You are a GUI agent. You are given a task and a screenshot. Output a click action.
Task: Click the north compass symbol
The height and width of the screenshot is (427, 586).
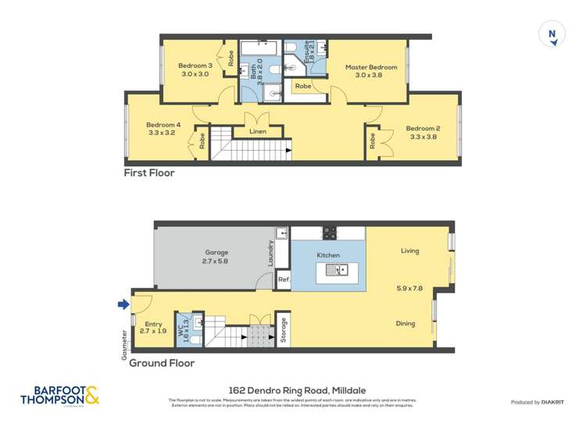(x=553, y=34)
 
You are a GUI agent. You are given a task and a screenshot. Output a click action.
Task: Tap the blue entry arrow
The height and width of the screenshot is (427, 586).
(x=122, y=305)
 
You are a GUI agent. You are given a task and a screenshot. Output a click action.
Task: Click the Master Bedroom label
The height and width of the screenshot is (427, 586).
(x=371, y=67)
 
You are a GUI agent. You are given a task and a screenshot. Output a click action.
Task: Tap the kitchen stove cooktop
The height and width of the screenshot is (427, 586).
(x=330, y=233)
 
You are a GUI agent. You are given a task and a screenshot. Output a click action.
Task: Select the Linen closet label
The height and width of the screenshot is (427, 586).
(x=258, y=131)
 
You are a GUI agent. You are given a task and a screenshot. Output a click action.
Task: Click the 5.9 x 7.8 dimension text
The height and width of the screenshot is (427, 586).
(x=411, y=289)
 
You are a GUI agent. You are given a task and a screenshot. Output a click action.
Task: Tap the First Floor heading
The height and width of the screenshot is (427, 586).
(x=149, y=173)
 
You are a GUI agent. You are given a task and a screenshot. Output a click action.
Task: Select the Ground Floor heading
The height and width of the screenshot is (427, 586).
(x=162, y=363)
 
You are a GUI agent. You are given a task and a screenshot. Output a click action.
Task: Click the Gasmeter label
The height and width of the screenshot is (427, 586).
(x=124, y=340)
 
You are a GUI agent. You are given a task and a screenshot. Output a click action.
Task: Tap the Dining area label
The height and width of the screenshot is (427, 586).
(x=406, y=323)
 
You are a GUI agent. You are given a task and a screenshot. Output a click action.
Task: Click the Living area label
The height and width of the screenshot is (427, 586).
(x=410, y=251)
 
